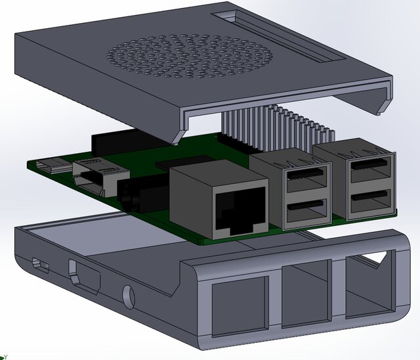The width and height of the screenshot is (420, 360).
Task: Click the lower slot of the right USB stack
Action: [371, 201]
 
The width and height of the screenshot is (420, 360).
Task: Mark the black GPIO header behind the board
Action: [125, 141]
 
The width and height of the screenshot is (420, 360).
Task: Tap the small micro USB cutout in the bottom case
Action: [41, 265]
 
